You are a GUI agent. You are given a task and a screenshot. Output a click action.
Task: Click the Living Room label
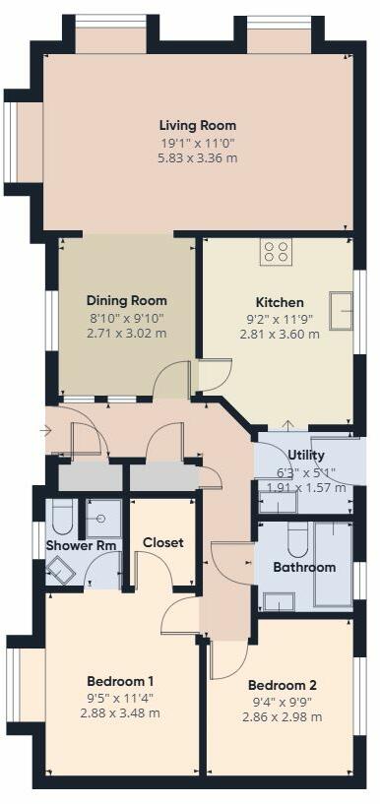(198, 125)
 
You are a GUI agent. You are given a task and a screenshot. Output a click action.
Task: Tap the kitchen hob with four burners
(277, 251)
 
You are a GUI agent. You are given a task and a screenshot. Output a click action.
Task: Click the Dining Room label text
(126, 300)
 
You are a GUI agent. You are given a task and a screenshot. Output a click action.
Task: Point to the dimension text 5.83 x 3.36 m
(198, 157)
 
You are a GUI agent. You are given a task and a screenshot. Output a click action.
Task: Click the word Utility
(306, 455)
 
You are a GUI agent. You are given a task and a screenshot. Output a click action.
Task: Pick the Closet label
(163, 542)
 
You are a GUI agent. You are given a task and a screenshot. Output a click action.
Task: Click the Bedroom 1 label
(120, 681)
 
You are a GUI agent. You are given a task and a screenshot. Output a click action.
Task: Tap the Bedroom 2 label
(281, 685)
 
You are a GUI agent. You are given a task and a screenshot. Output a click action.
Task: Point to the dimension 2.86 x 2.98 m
(281, 717)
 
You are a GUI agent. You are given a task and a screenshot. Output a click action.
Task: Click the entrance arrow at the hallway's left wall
(44, 430)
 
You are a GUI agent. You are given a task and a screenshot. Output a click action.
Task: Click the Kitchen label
(280, 302)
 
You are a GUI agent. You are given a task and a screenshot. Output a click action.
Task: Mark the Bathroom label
(304, 567)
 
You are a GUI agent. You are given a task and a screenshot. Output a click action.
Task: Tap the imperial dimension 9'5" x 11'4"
(120, 698)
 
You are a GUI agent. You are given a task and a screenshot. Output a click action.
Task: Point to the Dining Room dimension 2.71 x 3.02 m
(126, 334)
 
